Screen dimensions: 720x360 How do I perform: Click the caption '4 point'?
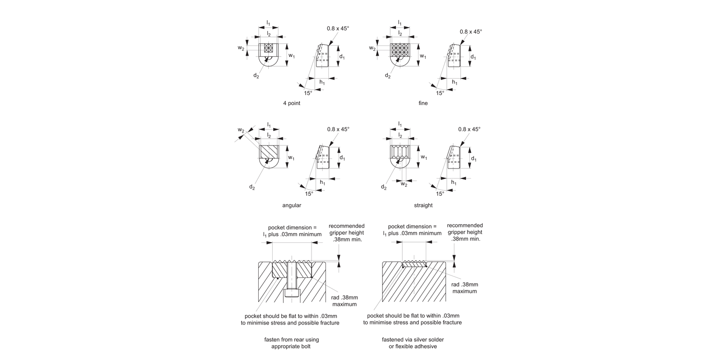tap(291, 103)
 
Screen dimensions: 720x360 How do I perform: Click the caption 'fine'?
tap(423, 103)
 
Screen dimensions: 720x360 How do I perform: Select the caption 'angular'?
tap(291, 205)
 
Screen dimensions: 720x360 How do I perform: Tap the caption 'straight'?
tap(423, 205)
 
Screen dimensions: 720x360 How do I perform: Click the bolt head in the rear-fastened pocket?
tap(292, 293)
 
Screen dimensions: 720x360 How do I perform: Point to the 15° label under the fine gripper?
tap(440, 93)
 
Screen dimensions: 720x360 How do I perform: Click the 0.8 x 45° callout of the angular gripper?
tap(338, 129)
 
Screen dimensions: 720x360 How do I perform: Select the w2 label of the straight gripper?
tap(404, 184)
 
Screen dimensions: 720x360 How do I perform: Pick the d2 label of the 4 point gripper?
tap(256, 76)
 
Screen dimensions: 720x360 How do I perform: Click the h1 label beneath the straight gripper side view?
tap(454, 182)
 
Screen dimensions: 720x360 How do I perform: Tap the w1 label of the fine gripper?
tap(423, 56)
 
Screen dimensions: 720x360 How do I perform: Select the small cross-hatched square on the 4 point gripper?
tap(269, 48)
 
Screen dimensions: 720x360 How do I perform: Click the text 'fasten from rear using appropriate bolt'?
tap(291, 343)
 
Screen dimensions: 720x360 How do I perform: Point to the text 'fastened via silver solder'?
tap(413, 339)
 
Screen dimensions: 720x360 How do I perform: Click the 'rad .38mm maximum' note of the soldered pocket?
tap(465, 288)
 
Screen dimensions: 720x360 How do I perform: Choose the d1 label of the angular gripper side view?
tap(342, 158)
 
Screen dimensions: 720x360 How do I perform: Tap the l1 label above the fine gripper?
tap(399, 23)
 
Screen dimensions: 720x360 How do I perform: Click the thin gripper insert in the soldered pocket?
tap(414, 264)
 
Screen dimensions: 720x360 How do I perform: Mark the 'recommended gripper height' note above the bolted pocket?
tap(347, 233)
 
